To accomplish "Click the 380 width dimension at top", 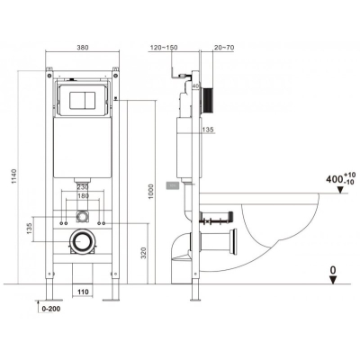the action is point(83,48).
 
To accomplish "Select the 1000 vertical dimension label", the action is point(151,192).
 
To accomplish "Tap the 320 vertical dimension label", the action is point(143,253).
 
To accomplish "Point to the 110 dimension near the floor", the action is point(83,292).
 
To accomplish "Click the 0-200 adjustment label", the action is point(51,309).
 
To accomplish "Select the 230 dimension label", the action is point(83,187).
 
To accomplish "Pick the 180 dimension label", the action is point(83,196).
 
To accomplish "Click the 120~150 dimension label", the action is point(164,48).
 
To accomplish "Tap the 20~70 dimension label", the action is point(224,48).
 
